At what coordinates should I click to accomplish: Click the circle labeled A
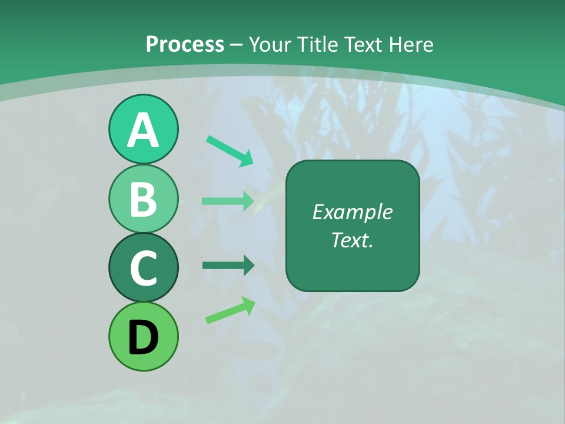pos(143,129)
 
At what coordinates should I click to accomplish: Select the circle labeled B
pos(143,198)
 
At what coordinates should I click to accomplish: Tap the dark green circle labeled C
pos(143,267)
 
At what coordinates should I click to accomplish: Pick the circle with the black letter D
pos(143,336)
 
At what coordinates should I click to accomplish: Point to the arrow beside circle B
pos(227,201)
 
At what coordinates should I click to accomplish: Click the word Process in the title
pos(185,44)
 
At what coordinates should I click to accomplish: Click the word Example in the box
pos(352,213)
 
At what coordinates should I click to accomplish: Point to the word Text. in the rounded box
pos(352,240)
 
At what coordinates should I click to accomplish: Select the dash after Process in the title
pos(236,45)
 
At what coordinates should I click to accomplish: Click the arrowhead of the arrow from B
pos(247,201)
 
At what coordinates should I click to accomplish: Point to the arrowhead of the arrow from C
pos(247,266)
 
